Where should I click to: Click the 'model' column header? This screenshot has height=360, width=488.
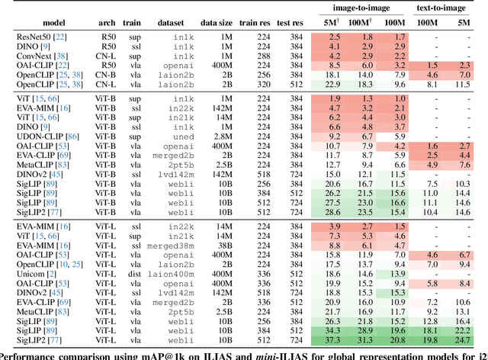pyautogui.click(x=37, y=23)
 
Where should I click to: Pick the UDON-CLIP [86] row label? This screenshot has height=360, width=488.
pyautogui.click(x=44, y=135)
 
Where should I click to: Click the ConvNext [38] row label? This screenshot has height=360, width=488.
pyautogui.click(x=40, y=56)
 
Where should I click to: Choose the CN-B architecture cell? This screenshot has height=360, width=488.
pyautogui.click(x=109, y=76)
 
